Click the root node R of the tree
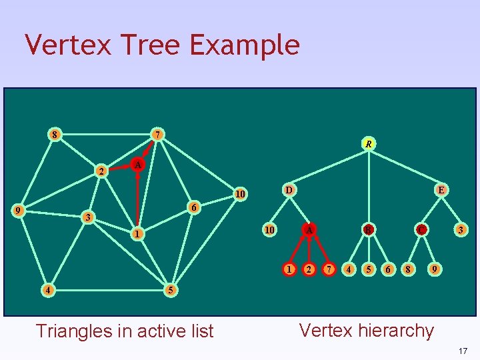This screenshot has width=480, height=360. [368, 143]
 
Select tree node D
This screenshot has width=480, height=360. [289, 189]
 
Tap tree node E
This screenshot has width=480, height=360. [441, 189]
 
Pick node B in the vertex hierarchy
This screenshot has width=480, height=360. [367, 230]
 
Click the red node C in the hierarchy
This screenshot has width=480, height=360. [421, 230]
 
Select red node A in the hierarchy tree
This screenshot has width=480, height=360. [309, 230]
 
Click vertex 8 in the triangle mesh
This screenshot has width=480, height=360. [55, 135]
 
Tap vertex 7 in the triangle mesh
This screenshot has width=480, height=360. [157, 135]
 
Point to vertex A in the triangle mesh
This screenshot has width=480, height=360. [137, 164]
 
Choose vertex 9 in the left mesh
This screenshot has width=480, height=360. [20, 211]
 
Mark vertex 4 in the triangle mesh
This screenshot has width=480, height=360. [46, 290]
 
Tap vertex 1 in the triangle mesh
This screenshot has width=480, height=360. [136, 234]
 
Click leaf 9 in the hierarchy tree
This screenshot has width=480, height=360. [435, 270]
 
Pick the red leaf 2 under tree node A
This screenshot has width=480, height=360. [309, 270]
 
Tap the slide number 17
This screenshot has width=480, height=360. [463, 350]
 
